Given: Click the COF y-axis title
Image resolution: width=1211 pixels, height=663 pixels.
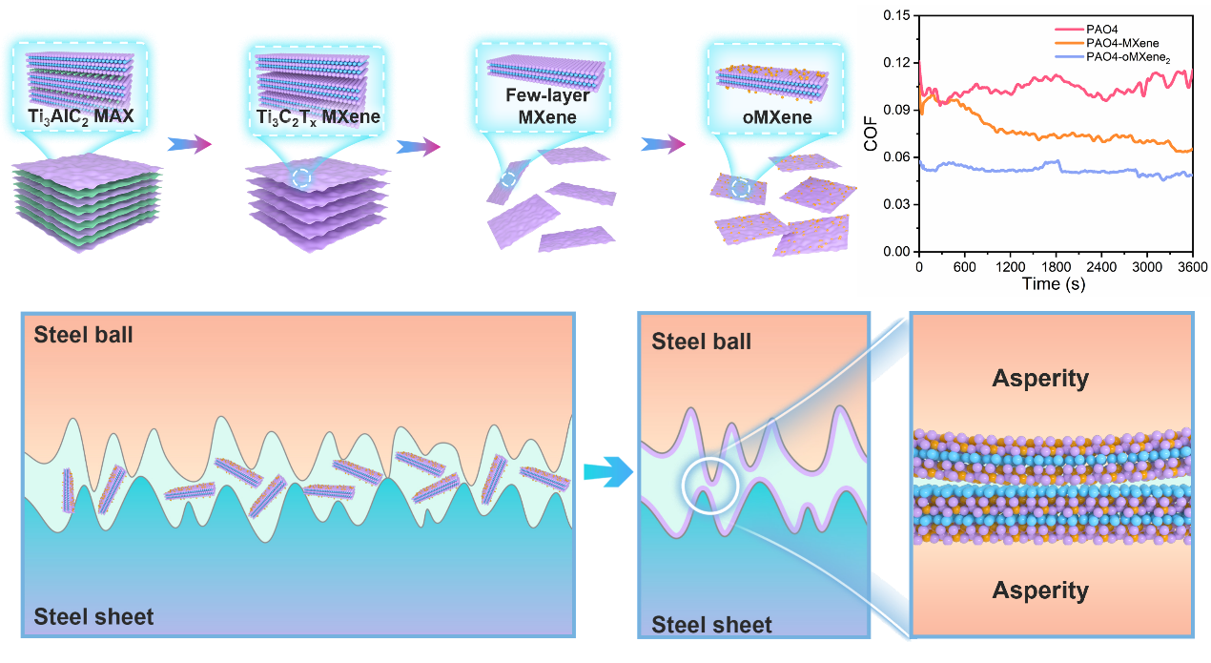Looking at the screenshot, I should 871,134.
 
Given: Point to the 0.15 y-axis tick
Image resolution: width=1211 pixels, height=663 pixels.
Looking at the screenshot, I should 896,15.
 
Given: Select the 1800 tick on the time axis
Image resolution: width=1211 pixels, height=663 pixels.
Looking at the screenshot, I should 1057,266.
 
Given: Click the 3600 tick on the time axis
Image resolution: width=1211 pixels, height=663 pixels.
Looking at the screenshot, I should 1189,266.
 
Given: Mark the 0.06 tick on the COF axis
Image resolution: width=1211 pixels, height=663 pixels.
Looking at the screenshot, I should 896,156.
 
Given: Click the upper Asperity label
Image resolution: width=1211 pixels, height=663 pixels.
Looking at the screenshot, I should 1040,379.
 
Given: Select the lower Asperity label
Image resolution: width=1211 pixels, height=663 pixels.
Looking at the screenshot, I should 1040,590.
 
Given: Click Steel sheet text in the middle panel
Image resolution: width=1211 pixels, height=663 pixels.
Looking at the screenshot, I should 711,625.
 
